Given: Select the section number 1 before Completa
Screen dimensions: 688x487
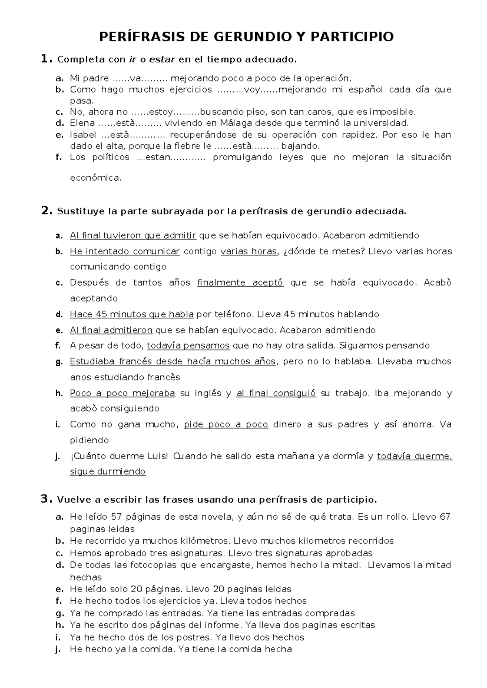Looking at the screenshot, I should (x=45, y=59).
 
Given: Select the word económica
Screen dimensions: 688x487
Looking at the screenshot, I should (x=95, y=178).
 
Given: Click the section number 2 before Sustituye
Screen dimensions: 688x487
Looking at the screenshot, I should (x=46, y=211).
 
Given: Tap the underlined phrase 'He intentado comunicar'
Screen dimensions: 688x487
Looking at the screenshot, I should (x=125, y=252).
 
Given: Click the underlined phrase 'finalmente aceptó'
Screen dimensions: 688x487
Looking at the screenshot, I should (x=240, y=283).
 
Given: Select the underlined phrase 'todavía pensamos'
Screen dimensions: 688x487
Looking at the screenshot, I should (x=188, y=346).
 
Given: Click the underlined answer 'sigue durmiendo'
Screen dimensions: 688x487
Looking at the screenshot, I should (x=108, y=471).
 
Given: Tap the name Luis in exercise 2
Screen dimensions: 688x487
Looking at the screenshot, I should (x=158, y=456).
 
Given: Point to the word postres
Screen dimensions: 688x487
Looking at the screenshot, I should (x=196, y=637).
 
